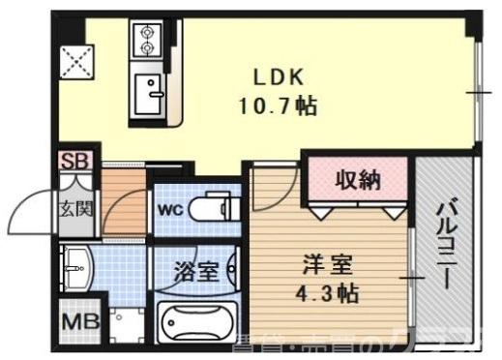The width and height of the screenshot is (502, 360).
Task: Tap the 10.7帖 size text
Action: click(x=279, y=104)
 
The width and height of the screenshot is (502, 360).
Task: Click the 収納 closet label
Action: click(x=357, y=181)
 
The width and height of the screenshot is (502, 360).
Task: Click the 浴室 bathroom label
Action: click(x=194, y=272)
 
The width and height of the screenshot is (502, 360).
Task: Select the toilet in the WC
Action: click(x=213, y=207)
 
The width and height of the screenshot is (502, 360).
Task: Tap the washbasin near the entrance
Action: click(x=76, y=264)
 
